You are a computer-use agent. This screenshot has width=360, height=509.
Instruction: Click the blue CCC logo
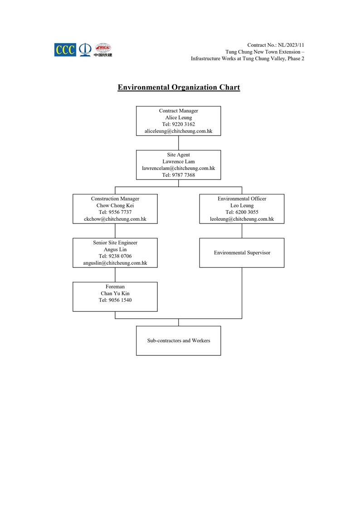pyautogui.click(x=65, y=50)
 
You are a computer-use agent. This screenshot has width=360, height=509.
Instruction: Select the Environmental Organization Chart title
pyautogui.click(x=179, y=87)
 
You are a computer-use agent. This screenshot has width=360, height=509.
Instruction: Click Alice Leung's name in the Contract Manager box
pyautogui.click(x=178, y=117)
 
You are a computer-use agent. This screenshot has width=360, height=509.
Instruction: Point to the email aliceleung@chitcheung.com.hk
pyautogui.click(x=178, y=131)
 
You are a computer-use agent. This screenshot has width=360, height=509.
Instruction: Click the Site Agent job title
pyautogui.click(x=178, y=155)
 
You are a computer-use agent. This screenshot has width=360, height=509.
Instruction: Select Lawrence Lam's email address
pyautogui.click(x=178, y=168)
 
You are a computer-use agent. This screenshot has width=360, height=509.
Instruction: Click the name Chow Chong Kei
pyautogui.click(x=115, y=205)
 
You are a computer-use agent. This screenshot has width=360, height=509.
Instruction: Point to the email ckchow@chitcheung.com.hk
pyautogui.click(x=115, y=219)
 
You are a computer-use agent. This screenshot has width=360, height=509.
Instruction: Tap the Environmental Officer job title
pyautogui.click(x=242, y=199)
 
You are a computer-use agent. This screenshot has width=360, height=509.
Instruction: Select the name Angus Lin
pyautogui.click(x=115, y=249)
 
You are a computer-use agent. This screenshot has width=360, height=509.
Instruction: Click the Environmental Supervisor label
pyautogui.click(x=242, y=252)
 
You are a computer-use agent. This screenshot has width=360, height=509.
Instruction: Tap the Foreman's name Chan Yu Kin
pyautogui.click(x=115, y=293)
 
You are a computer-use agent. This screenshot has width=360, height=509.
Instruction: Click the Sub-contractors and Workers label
pyautogui.click(x=178, y=340)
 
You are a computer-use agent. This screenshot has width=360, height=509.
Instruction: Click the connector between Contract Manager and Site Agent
pyautogui.click(x=178, y=143)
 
